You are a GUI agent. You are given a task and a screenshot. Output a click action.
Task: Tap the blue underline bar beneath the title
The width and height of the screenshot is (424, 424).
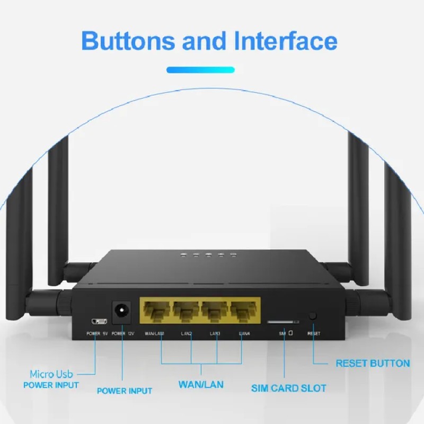click(x=200, y=69)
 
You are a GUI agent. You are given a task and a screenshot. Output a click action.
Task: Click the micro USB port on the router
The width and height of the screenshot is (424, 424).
click(x=99, y=321)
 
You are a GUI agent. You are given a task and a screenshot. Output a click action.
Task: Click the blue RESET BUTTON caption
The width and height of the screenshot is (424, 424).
click(x=373, y=364)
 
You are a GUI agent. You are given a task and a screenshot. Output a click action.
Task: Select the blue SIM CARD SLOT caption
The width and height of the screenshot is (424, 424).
click(x=288, y=388)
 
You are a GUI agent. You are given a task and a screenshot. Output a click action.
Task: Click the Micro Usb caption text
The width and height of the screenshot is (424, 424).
click(x=51, y=374)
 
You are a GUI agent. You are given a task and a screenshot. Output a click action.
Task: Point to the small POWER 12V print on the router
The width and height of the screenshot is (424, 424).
click(x=123, y=334)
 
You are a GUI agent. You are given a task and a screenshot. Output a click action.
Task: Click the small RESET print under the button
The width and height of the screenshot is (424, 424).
click(x=314, y=334)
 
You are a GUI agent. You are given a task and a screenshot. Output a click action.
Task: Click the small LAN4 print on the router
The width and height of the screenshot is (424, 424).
click(x=244, y=333)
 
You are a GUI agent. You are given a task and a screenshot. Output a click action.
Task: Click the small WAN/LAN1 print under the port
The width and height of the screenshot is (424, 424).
click(x=154, y=333)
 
